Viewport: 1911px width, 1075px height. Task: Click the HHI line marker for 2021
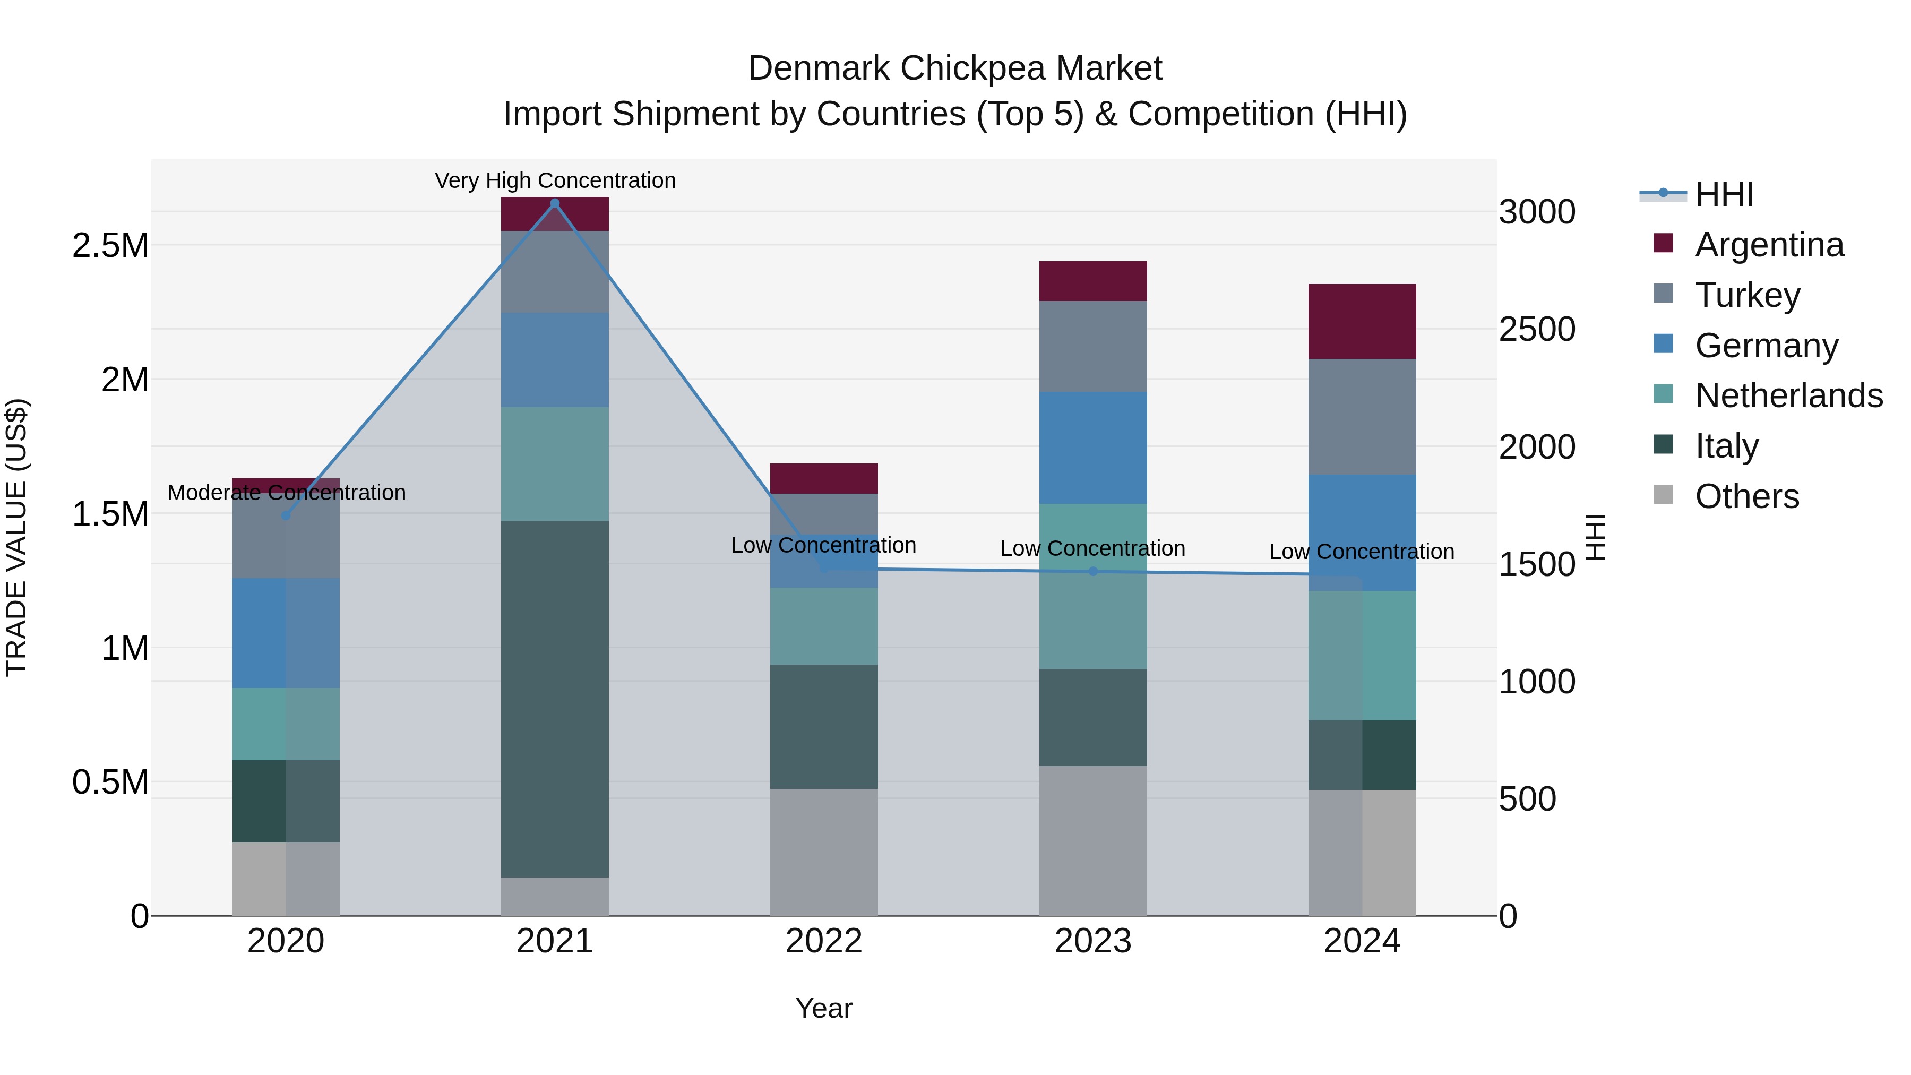click(x=555, y=203)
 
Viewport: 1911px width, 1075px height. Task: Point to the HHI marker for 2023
click(x=1093, y=571)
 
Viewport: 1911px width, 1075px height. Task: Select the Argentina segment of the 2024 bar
click(x=1362, y=321)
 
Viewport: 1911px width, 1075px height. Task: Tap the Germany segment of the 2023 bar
click(x=1093, y=448)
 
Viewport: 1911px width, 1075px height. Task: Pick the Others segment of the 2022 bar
click(x=823, y=852)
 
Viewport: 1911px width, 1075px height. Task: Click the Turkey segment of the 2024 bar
click(x=1362, y=416)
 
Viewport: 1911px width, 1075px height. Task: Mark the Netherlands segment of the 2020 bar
click(x=286, y=724)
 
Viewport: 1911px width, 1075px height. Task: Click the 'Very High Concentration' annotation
click(x=555, y=180)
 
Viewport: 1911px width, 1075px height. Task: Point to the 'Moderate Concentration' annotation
click(x=286, y=493)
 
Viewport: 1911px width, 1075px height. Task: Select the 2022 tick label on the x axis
click(x=823, y=941)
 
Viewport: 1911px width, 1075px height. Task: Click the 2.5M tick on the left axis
click(x=110, y=246)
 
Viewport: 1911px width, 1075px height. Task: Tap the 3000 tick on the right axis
click(x=1537, y=212)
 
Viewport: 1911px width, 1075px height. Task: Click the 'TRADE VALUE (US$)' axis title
click(x=16, y=537)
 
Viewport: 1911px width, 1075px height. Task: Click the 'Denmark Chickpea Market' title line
click(x=955, y=68)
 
